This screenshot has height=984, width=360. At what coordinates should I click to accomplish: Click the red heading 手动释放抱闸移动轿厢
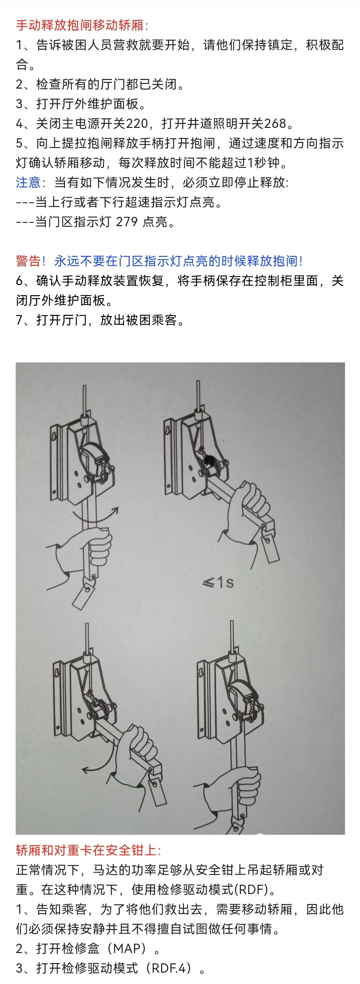coord(79,26)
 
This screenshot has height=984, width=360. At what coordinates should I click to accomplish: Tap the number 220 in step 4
coord(137,123)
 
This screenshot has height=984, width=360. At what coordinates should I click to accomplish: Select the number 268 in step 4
coord(275,123)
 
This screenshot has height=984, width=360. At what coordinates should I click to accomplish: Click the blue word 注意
coord(28,182)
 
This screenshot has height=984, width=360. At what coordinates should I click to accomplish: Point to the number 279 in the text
coord(127,222)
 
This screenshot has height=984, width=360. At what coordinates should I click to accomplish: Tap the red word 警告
coord(28,261)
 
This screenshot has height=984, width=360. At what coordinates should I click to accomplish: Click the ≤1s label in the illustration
coord(218,582)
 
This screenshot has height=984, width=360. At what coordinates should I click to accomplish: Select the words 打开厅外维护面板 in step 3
coord(87,104)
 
